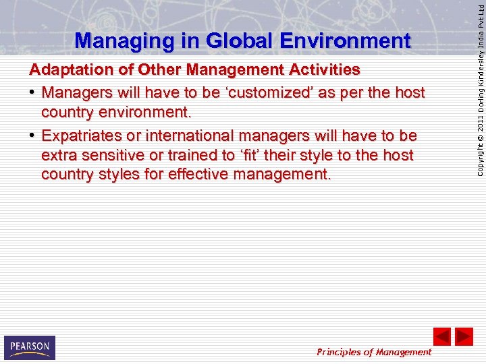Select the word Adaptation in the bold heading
pyautogui.click(x=67, y=70)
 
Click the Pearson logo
pyautogui.click(x=29, y=347)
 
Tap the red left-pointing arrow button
pyautogui.click(x=441, y=336)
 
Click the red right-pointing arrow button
pyautogui.click(x=464, y=336)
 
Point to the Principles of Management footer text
pyautogui.click(x=373, y=352)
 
